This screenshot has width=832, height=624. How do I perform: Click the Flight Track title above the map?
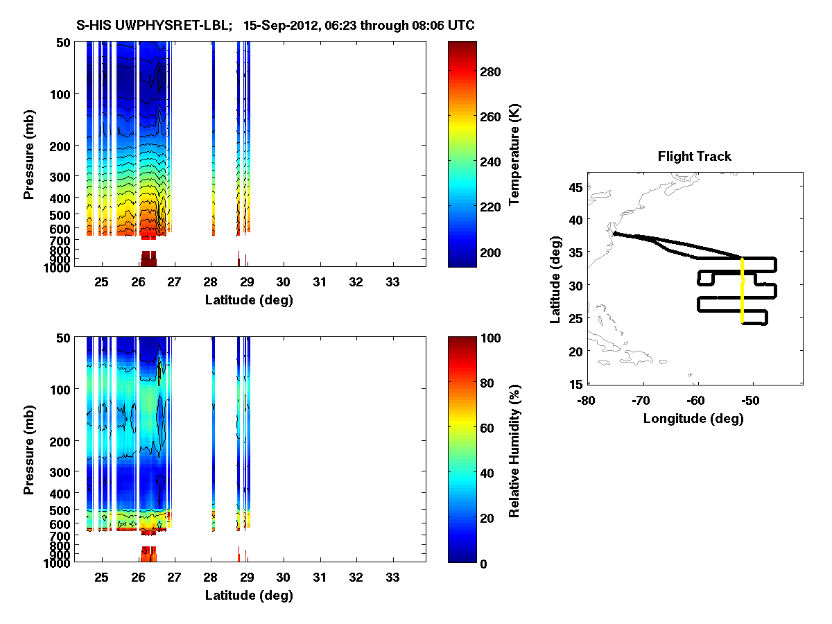694,157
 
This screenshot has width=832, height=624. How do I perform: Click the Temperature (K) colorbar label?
515,155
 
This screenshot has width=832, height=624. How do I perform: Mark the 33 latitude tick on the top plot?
392,281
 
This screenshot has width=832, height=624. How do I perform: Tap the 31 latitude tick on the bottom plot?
319,577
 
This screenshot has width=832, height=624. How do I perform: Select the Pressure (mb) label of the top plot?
29,155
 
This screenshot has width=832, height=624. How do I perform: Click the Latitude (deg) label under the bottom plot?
249,596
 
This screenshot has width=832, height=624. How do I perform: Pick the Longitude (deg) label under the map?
693,419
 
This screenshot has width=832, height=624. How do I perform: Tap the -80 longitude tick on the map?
587,401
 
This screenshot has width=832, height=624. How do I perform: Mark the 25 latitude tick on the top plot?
101,281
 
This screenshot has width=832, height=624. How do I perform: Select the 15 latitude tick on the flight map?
574,383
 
